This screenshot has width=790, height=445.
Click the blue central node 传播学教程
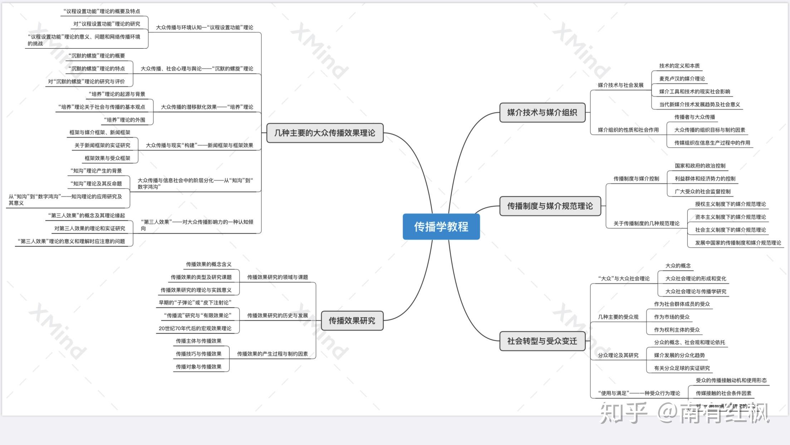point(441,227)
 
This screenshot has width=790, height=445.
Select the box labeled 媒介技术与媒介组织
point(542,113)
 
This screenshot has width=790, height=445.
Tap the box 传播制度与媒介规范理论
point(550,206)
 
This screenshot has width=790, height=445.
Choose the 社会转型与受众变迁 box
point(542,341)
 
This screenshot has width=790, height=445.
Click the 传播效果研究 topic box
point(352,321)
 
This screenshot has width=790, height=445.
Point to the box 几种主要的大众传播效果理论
point(325,133)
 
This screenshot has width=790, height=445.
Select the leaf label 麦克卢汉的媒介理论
point(682,79)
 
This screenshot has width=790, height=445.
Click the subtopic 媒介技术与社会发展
point(621,85)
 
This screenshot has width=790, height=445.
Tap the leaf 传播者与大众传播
point(695,117)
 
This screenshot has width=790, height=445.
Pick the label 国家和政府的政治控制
point(700,166)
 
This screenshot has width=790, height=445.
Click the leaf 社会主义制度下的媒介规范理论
point(731,230)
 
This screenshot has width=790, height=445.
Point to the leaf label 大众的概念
point(678,266)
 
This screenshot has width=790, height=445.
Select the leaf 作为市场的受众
point(672,317)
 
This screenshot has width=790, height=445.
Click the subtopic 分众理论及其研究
point(618,355)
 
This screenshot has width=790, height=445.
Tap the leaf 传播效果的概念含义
point(209,264)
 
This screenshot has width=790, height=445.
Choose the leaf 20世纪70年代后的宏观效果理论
point(195,329)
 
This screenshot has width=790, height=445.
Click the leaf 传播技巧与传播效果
point(199,354)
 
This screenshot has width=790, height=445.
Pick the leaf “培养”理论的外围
point(125,120)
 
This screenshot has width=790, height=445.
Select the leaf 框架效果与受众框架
point(107,158)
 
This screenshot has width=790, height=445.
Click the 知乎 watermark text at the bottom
point(623,413)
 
